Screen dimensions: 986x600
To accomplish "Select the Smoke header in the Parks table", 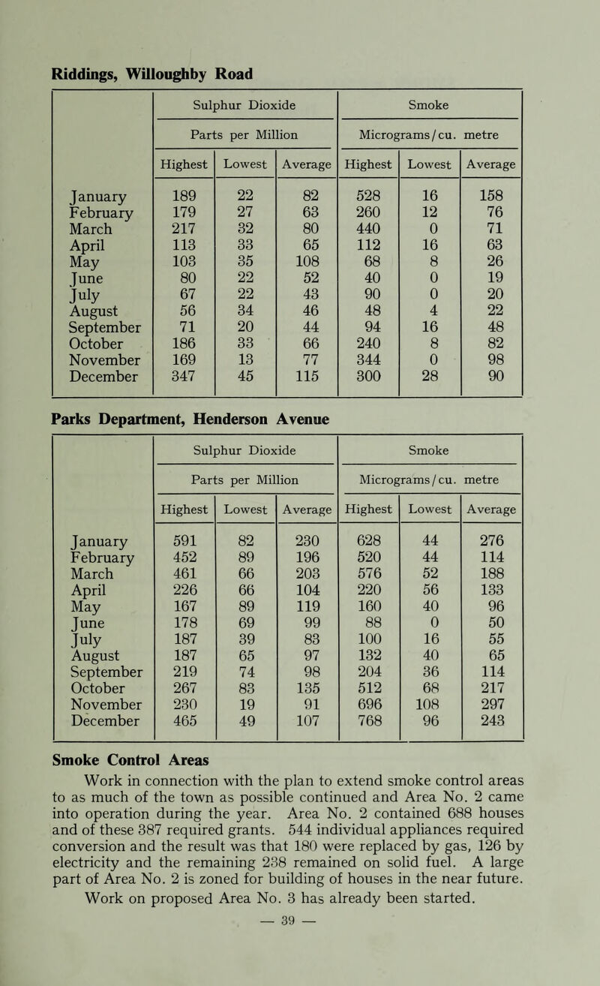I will point(432,449).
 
